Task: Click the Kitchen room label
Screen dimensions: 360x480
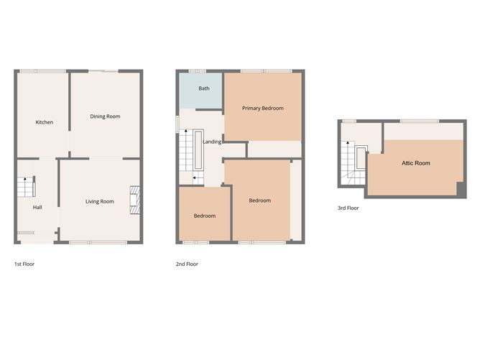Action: [45, 122]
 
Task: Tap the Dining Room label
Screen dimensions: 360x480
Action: [105, 116]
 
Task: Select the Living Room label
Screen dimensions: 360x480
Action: [100, 201]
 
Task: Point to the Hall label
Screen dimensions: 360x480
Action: [37, 208]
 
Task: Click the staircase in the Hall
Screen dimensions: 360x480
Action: [26, 188]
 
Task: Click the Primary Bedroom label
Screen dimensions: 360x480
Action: [262, 109]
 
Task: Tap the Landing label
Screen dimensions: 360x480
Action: [212, 142]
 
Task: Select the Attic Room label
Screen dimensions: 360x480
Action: [416, 163]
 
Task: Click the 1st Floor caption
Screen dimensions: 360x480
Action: [24, 264]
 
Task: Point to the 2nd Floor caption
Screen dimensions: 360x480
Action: [187, 264]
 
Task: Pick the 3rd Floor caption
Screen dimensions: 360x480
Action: [348, 208]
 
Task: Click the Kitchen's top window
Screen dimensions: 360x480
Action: [42, 70]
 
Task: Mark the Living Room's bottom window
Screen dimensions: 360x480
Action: [100, 242]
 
